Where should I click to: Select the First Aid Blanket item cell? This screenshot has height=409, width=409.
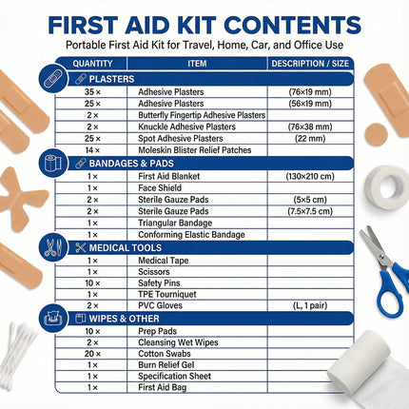click(172, 177)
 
